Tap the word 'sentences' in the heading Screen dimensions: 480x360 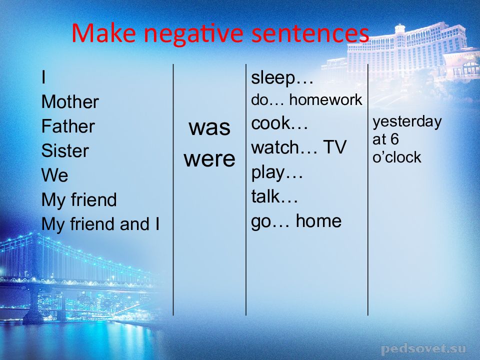click(310, 33)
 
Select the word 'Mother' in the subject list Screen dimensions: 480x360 click(70, 101)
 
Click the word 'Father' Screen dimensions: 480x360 click(68, 126)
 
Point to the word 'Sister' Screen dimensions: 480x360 click(65, 150)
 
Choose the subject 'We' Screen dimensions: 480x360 click(54, 175)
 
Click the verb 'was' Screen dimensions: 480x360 click(209, 127)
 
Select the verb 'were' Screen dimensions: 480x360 click(209, 159)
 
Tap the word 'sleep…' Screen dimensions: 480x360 click(282, 78)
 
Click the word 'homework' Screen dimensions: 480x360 click(325, 100)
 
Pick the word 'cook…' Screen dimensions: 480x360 click(279, 123)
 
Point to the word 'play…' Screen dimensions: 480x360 click(276, 173)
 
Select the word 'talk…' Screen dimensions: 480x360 click(274, 196)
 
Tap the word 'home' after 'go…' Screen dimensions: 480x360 click(318, 221)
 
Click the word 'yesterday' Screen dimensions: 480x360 click(407, 122)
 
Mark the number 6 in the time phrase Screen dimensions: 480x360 click(394, 139)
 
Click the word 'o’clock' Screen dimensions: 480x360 click(396, 157)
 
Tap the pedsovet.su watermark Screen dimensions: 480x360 click(424, 348)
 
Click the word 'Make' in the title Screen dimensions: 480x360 click(103, 33)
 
